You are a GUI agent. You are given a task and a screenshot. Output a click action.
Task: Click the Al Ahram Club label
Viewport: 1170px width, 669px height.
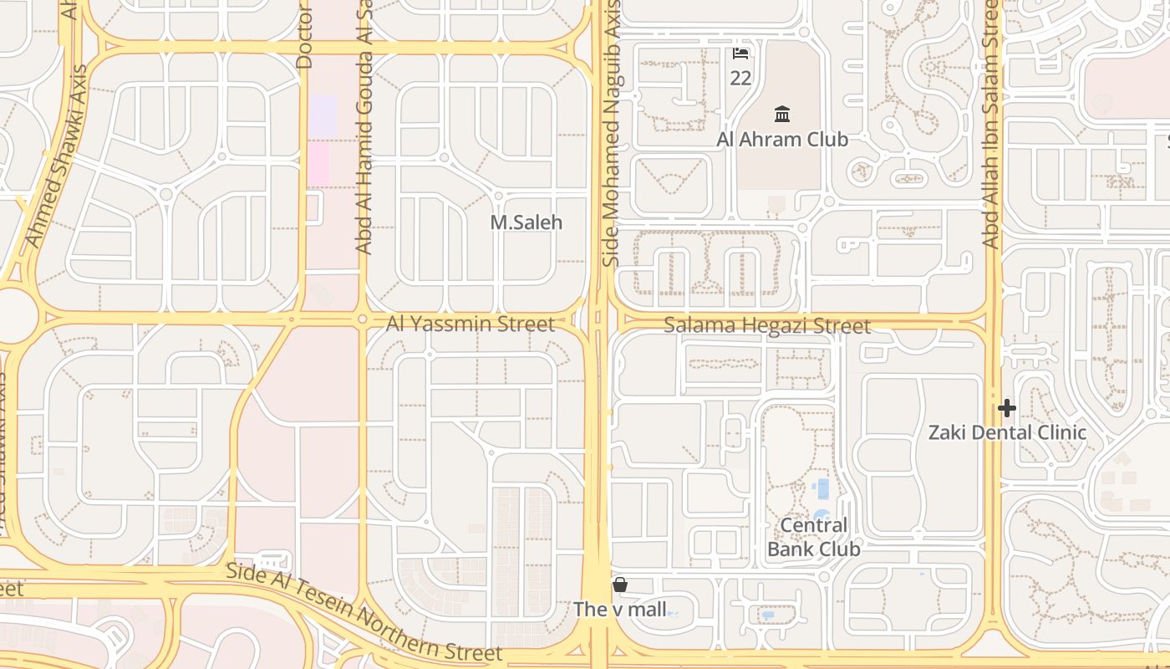pyautogui.click(x=782, y=140)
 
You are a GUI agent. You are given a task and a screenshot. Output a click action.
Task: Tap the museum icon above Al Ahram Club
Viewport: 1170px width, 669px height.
pyautogui.click(x=782, y=114)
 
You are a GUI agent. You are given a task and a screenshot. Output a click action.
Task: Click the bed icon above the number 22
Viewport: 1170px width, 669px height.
pyautogui.click(x=740, y=54)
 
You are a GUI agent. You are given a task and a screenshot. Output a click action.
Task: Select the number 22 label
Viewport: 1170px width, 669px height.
pyautogui.click(x=740, y=79)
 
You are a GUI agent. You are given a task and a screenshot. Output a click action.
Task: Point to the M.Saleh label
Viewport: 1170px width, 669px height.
pyautogui.click(x=526, y=222)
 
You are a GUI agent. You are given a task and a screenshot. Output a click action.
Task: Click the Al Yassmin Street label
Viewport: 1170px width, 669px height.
pyautogui.click(x=471, y=324)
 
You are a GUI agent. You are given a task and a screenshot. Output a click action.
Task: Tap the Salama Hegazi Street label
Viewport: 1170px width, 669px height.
pyautogui.click(x=767, y=325)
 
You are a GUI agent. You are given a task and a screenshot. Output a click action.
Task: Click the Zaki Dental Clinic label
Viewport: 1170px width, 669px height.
pyautogui.click(x=1008, y=432)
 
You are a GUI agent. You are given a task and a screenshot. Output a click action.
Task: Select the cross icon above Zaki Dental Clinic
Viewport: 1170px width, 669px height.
pyautogui.click(x=1007, y=408)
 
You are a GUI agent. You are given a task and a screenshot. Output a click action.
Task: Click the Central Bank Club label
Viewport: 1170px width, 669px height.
pyautogui.click(x=814, y=537)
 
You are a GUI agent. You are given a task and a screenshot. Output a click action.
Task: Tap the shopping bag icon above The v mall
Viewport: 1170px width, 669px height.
pyautogui.click(x=620, y=585)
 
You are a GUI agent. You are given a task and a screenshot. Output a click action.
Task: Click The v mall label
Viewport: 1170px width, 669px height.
pyautogui.click(x=620, y=610)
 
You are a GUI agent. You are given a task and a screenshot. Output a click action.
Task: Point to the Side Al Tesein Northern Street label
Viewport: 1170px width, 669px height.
pyautogui.click(x=364, y=612)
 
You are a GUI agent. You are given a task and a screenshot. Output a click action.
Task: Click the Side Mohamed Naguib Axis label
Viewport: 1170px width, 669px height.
pyautogui.click(x=612, y=134)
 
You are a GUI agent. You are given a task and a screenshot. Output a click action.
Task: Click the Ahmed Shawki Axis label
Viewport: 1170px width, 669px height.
pyautogui.click(x=58, y=167)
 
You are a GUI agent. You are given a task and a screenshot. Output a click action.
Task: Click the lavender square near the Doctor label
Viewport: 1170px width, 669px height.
pyautogui.click(x=323, y=115)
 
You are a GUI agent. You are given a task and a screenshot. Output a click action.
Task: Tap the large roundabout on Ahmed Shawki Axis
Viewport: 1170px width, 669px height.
pyautogui.click(x=15, y=315)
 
